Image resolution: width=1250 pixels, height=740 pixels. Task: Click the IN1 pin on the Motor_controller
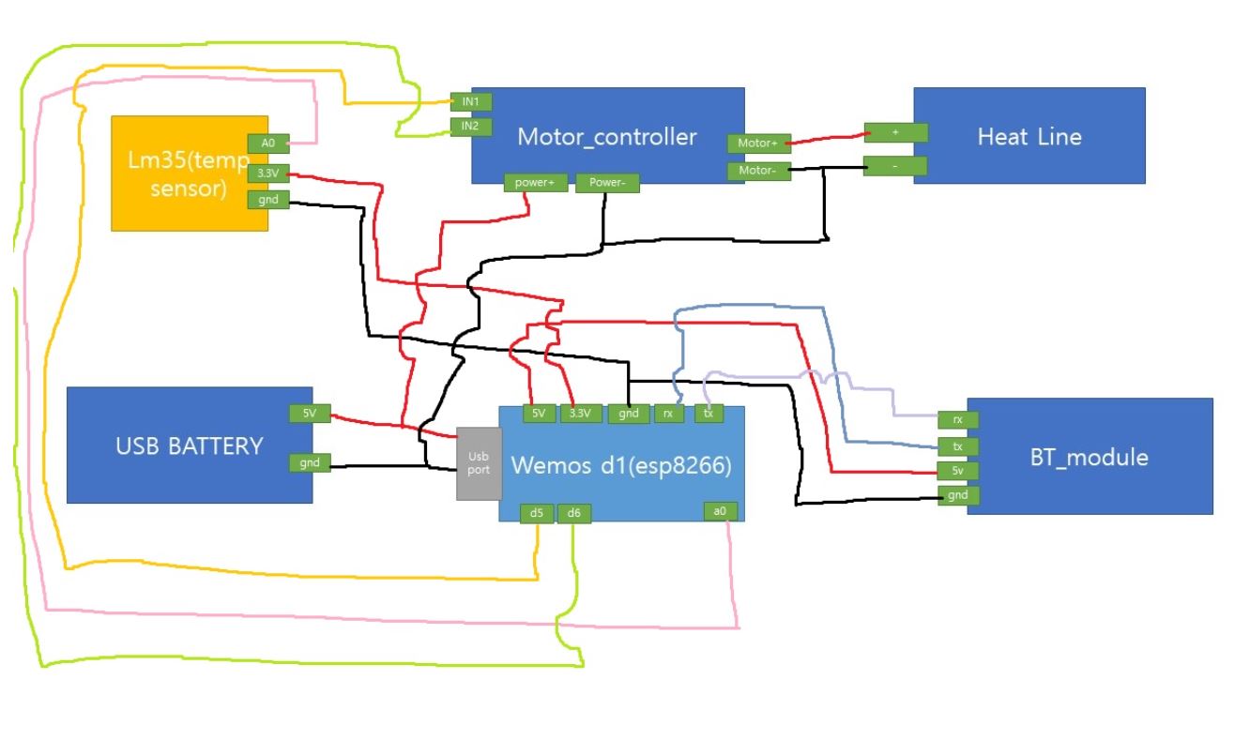tap(470, 101)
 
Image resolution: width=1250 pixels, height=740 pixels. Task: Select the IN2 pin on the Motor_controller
tap(470, 126)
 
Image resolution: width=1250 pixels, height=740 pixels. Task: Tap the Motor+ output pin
tap(756, 143)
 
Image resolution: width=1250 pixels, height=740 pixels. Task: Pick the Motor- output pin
tap(756, 172)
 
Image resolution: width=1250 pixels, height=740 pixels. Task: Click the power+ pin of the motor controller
tap(537, 183)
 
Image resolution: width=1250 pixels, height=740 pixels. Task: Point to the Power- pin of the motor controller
tap(607, 183)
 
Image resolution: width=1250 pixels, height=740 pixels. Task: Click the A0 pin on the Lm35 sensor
tap(267, 143)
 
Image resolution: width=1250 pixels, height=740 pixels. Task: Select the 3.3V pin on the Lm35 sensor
tap(267, 173)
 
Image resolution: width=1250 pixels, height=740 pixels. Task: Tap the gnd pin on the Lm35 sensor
tap(267, 199)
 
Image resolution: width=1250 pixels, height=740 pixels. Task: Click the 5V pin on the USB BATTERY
tap(309, 414)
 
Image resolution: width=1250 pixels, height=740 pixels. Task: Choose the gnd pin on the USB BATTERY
tap(309, 461)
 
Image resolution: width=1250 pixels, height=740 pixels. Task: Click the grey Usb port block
tap(479, 463)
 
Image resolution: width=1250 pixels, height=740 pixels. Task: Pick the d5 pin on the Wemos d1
tap(537, 513)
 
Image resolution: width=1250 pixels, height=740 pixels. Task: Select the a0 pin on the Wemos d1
tap(720, 511)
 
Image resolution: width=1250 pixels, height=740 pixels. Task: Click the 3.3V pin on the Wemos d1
tap(580, 414)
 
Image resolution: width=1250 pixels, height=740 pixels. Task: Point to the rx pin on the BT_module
tap(958, 420)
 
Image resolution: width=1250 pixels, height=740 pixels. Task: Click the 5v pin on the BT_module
tap(958, 470)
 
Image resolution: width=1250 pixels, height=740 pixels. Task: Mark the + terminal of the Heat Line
tap(895, 132)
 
